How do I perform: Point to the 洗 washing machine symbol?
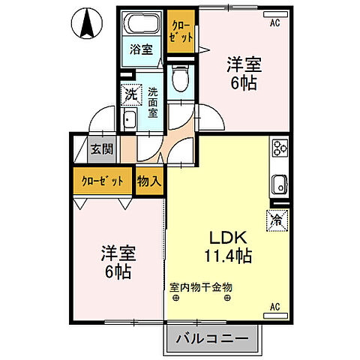(x=131, y=95)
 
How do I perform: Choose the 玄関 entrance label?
(x=102, y=148)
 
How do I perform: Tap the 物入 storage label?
(x=149, y=181)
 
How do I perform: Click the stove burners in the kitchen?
(x=280, y=148)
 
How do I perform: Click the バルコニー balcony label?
(x=212, y=339)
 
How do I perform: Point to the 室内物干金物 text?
(x=200, y=287)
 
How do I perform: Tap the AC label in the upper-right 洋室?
(x=275, y=22)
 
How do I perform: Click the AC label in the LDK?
(x=274, y=306)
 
